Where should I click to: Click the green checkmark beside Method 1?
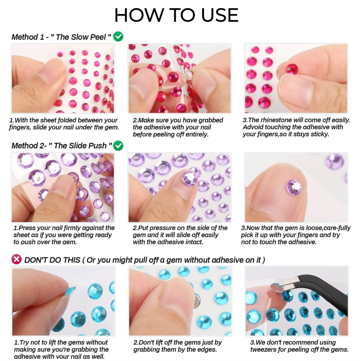pyautogui.click(x=118, y=36)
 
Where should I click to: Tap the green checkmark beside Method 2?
pyautogui.click(x=118, y=146)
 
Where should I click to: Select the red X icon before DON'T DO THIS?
pyautogui.click(x=16, y=260)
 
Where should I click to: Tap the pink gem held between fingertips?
pyautogui.click(x=292, y=68)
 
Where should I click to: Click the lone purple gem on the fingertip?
pyautogui.click(x=294, y=187)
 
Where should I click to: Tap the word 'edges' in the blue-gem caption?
pyautogui.click(x=206, y=350)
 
